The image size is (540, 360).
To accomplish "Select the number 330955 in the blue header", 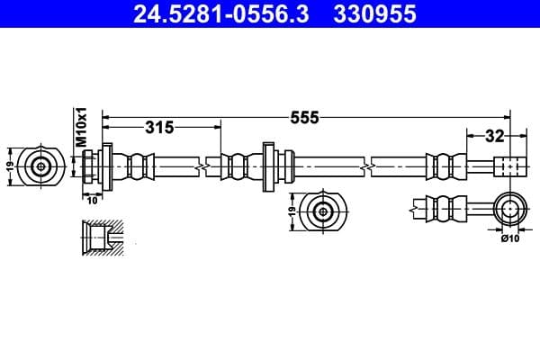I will point(372,15).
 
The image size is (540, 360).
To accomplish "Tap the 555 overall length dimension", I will point(306,118).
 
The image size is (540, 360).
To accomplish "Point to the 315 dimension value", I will point(158,128).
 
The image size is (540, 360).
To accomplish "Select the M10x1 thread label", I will point(80,127).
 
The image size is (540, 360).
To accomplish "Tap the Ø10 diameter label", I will point(509,237).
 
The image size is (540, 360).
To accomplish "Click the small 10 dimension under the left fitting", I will point(91,201).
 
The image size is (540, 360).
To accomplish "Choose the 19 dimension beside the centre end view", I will point(292,212).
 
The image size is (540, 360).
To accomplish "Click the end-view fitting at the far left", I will point(41,166).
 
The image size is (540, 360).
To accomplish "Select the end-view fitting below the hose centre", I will point(322,212).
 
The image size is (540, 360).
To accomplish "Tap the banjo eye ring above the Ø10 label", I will point(509,210).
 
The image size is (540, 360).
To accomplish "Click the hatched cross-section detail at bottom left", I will point(98,238).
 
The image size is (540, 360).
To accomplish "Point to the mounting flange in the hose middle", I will point(268,166).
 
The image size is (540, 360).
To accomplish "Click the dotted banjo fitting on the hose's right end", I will point(509,166).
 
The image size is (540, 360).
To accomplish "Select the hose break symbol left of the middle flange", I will point(211,166).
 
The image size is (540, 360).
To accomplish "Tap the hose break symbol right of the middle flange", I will point(367,166).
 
